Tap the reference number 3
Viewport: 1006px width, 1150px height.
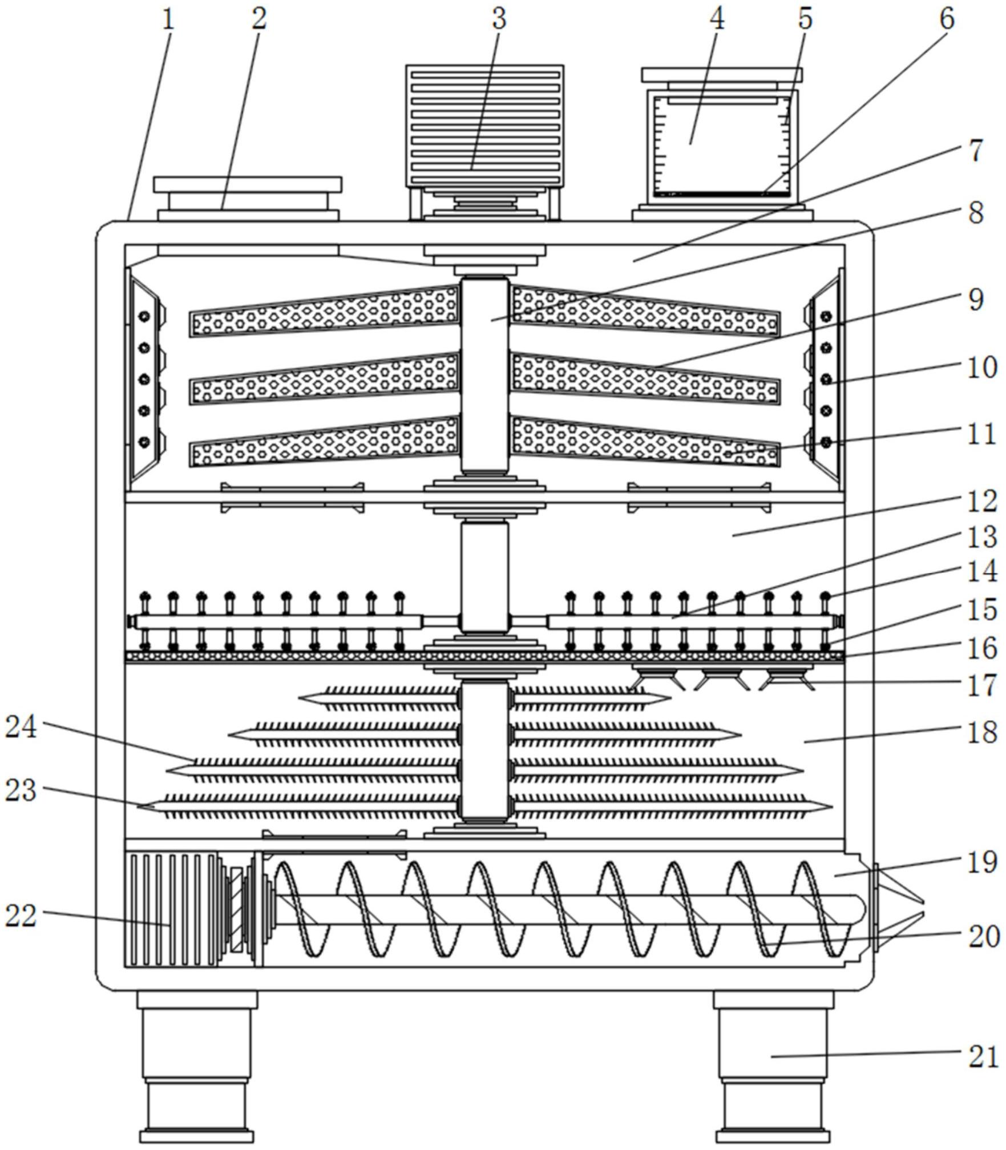coord(499,19)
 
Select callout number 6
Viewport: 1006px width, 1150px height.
coord(946,19)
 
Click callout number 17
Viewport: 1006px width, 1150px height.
coord(982,685)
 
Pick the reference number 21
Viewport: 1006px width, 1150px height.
coord(982,1057)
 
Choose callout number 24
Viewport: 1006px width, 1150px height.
coord(21,728)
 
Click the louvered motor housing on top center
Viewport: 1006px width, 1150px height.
coord(484,126)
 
